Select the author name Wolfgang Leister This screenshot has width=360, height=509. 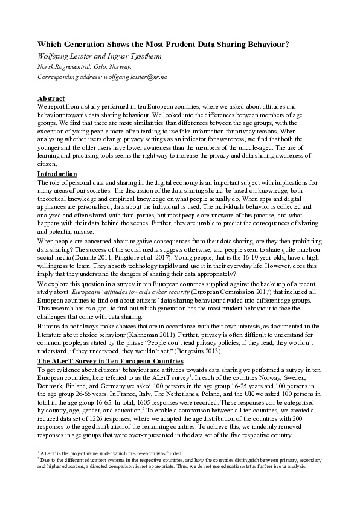[66, 56]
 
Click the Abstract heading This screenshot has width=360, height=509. [51, 98]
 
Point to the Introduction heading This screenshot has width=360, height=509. [57, 174]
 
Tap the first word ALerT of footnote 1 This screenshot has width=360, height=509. [47, 453]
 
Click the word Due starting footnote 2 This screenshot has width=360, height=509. [45, 460]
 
